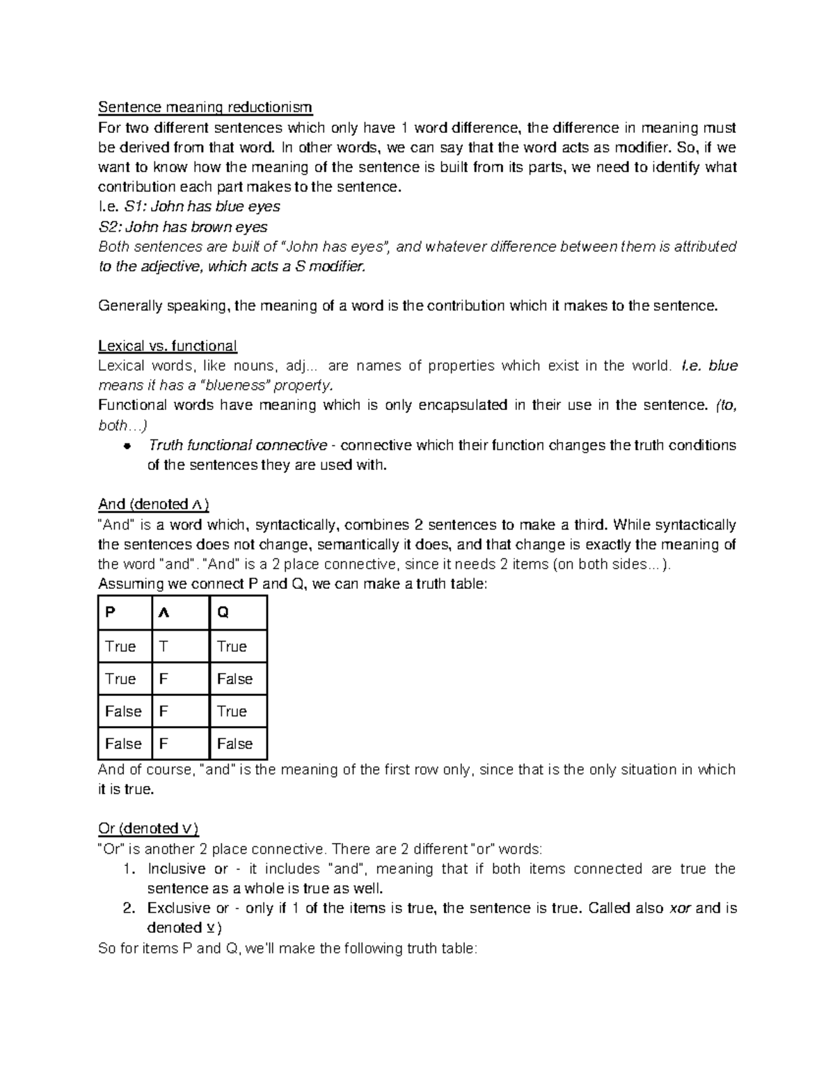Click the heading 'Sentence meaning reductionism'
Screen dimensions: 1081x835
click(x=205, y=108)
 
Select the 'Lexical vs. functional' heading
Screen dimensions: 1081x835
click(x=168, y=346)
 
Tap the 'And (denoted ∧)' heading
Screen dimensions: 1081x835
click(x=154, y=504)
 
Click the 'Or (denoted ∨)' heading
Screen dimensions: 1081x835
click(x=149, y=828)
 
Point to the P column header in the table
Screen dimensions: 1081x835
click(x=110, y=613)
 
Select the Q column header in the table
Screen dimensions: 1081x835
click(x=223, y=613)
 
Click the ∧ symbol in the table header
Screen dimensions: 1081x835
click(x=164, y=613)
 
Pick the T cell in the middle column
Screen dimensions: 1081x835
click(x=164, y=647)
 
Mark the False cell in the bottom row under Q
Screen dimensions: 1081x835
click(x=234, y=744)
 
